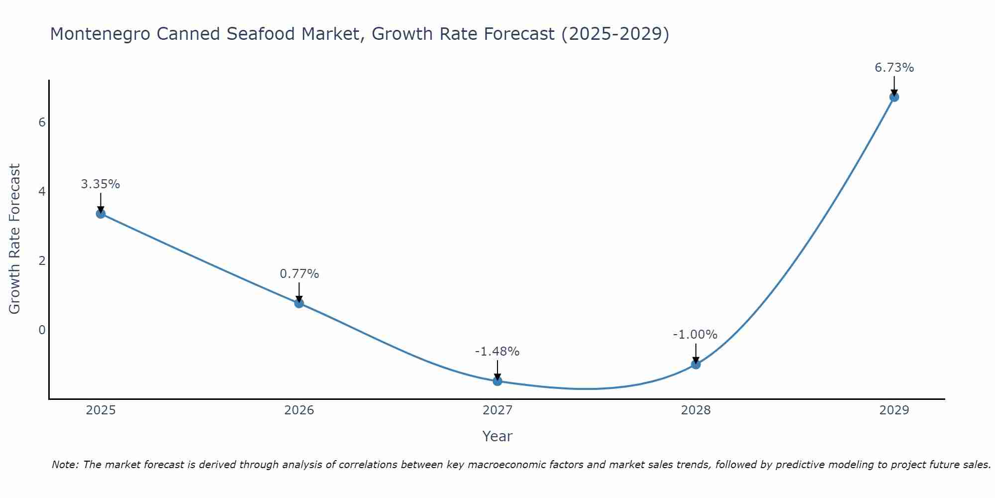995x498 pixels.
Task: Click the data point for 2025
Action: [x=100, y=214]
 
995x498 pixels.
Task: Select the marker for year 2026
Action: [x=299, y=303]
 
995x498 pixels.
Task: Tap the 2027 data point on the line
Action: [x=497, y=381]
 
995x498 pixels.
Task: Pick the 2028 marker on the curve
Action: [x=696, y=365]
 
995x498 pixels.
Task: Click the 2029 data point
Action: [x=894, y=97]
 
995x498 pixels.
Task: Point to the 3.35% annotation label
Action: [x=100, y=184]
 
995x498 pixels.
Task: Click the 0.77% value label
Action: [x=299, y=274]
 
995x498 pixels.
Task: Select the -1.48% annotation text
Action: [x=497, y=352]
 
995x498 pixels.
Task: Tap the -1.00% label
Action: [x=695, y=335]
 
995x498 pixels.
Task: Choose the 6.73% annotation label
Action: [x=894, y=68]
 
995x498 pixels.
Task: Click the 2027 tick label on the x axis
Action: [x=497, y=410]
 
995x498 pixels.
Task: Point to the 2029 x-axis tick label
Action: [x=894, y=410]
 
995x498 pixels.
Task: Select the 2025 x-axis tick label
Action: [x=100, y=410]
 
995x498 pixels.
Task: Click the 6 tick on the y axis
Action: [x=42, y=123]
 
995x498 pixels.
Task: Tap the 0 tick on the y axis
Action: [x=42, y=330]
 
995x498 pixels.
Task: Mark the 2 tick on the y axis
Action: [x=42, y=261]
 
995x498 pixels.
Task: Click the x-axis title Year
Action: [x=497, y=436]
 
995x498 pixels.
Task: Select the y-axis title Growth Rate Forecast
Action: [x=15, y=239]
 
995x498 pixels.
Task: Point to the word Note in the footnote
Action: [x=65, y=465]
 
